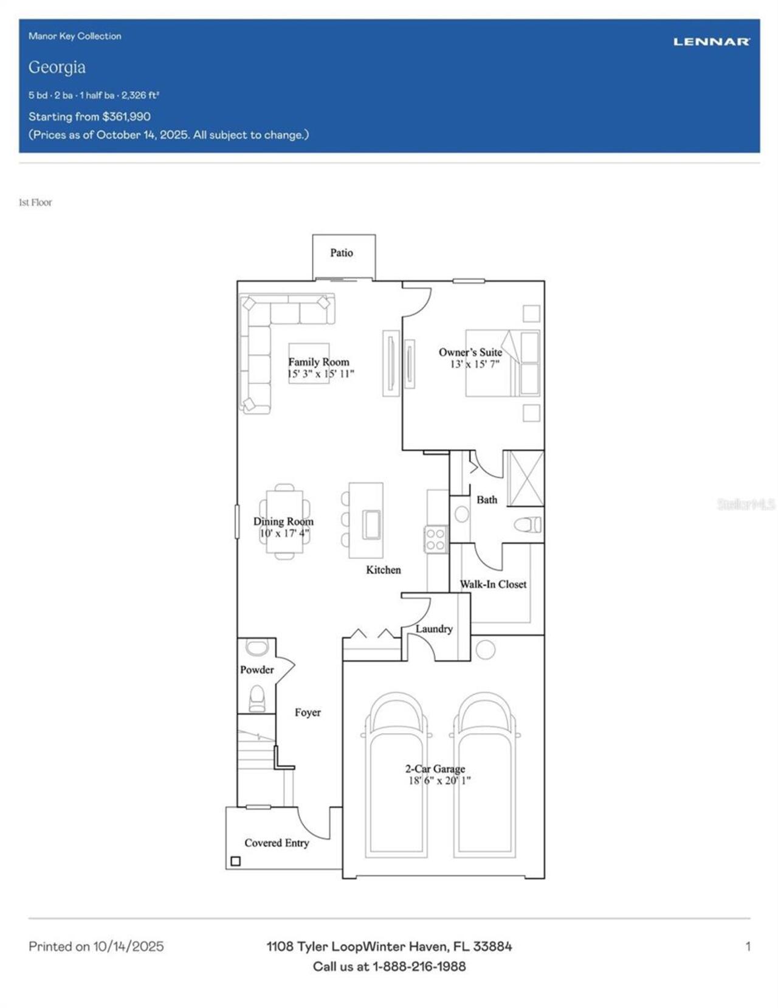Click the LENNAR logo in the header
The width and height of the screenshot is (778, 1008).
click(x=711, y=42)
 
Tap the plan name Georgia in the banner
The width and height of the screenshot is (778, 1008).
click(x=57, y=68)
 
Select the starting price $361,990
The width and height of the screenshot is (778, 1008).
click(x=126, y=116)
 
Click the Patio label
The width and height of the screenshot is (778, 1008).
click(x=342, y=253)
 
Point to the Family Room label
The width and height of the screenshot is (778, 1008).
click(x=319, y=362)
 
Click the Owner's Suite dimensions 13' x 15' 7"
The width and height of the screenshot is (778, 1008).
click(x=475, y=364)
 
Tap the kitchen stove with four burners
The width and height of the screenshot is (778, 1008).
click(x=436, y=540)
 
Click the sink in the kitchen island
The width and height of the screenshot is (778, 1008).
click(x=371, y=524)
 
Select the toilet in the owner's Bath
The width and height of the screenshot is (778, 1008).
click(x=528, y=524)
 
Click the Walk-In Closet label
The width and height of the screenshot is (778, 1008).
click(x=493, y=585)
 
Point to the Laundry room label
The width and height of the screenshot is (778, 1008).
click(x=434, y=629)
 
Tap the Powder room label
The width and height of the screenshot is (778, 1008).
click(x=256, y=670)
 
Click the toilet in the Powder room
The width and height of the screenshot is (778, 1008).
click(x=256, y=698)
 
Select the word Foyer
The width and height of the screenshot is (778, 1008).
click(x=308, y=712)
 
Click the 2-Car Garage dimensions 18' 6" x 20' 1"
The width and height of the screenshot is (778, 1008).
click(x=439, y=780)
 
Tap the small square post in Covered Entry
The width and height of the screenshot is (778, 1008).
click(x=235, y=861)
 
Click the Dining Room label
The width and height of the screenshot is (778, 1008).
click(x=283, y=521)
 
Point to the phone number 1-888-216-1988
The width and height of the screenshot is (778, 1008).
click(x=419, y=967)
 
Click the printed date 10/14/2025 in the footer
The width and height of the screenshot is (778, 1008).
click(x=129, y=947)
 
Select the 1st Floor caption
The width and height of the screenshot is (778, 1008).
click(x=35, y=202)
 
